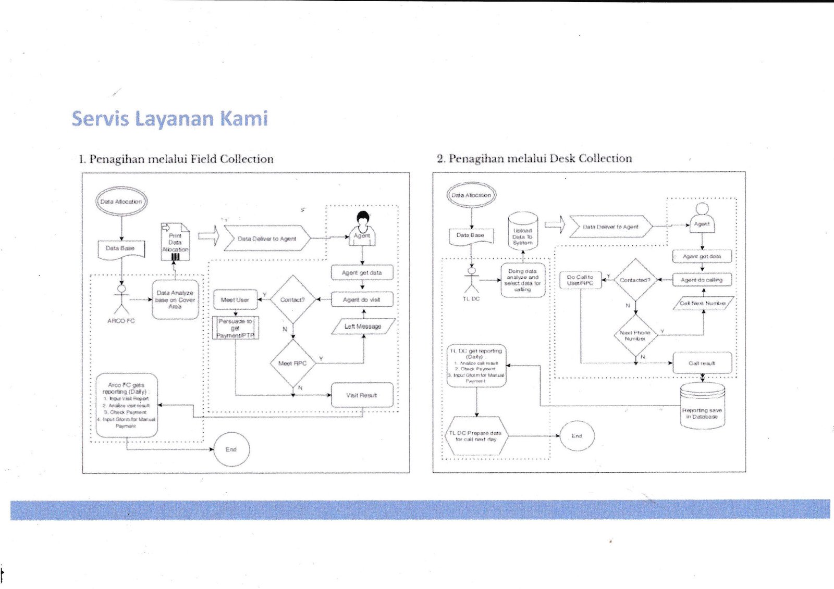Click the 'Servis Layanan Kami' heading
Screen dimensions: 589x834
(170, 119)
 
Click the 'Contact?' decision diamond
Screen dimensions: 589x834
(292, 299)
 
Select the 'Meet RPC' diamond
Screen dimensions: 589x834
(292, 363)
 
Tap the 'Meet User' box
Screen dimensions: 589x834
(235, 300)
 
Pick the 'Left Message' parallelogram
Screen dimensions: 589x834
(363, 327)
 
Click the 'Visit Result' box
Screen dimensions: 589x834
(362, 395)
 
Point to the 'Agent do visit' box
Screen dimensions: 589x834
(362, 300)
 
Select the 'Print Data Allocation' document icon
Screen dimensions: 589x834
(175, 242)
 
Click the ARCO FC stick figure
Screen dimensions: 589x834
(121, 299)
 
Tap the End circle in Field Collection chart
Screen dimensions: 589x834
(231, 449)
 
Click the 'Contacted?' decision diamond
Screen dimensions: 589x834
(635, 280)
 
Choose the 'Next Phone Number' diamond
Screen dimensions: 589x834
(635, 335)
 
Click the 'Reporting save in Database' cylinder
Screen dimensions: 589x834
(702, 406)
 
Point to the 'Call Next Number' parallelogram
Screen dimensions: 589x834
(703, 303)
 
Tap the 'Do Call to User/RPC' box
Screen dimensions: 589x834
(580, 280)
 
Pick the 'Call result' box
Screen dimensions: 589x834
(702, 363)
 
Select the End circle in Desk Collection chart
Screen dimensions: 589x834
(577, 436)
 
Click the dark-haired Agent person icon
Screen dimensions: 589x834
(362, 228)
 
